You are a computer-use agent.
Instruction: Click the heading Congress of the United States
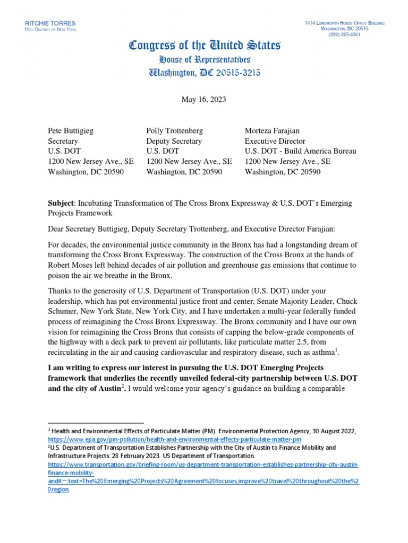[x=205, y=46]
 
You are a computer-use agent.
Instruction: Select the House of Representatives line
[x=204, y=59]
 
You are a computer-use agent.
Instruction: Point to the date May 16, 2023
[x=204, y=99]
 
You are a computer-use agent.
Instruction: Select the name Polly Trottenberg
[x=174, y=130]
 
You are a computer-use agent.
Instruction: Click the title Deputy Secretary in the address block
[x=174, y=141]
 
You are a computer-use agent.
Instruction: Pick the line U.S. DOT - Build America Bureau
[x=300, y=151]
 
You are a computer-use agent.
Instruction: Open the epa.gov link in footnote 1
[x=175, y=440]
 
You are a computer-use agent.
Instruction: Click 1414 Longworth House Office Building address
[x=345, y=23]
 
